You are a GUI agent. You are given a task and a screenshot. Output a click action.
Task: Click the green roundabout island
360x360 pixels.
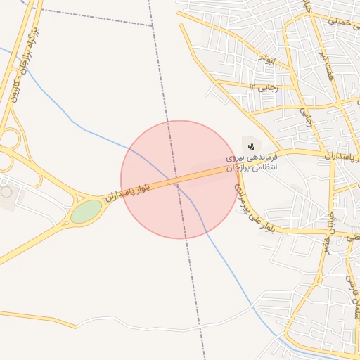(86, 211)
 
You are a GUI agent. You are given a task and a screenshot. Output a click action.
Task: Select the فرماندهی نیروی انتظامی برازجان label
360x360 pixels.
(253, 162)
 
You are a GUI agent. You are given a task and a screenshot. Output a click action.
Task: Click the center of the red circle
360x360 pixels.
(180, 179)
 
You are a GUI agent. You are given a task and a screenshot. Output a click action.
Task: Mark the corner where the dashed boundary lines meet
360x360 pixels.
(153, 26)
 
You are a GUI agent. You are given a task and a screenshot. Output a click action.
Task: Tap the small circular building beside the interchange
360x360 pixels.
(6, 191)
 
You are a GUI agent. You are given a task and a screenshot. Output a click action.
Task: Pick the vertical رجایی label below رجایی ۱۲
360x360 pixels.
(307, 117)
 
